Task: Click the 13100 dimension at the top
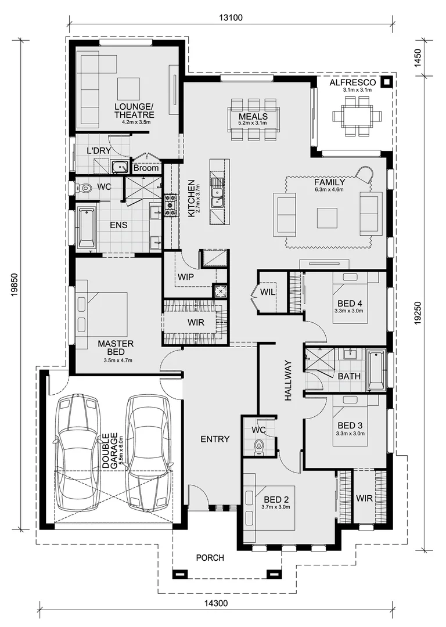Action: pyautogui.click(x=231, y=17)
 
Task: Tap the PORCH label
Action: pyautogui.click(x=210, y=558)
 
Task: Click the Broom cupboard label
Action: pyautogui.click(x=146, y=168)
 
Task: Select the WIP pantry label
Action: pyautogui.click(x=186, y=276)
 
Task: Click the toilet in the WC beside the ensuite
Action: pyautogui.click(x=84, y=188)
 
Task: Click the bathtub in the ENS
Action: pyautogui.click(x=87, y=227)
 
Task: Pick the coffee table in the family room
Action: pyautogui.click(x=329, y=217)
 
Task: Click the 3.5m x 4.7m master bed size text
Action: pyautogui.click(x=118, y=361)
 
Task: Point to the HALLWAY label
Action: pyautogui.click(x=288, y=381)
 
